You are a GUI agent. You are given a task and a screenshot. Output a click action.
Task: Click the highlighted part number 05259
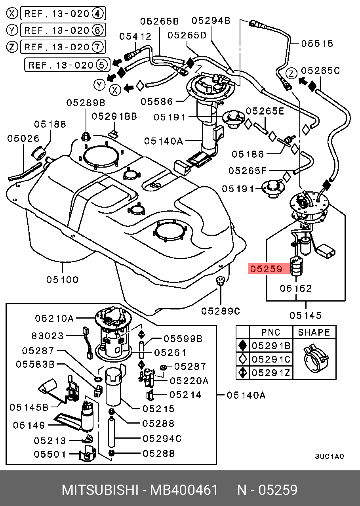coord(265,269)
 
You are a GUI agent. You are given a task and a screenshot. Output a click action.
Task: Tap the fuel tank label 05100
coord(62,279)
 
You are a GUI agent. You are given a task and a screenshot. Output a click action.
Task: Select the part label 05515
coord(317,43)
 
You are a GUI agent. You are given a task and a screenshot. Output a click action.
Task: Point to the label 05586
coord(157,102)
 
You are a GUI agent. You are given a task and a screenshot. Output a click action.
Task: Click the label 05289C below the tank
coord(221,311)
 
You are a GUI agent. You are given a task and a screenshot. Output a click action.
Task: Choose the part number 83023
coord(48,336)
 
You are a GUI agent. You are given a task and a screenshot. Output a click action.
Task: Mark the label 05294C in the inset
coord(162,439)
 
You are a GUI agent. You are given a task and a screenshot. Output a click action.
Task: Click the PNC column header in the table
coord(271,332)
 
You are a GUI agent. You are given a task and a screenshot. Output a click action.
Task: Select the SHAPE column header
coord(314,332)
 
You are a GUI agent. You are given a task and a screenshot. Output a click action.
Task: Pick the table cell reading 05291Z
coord(271,372)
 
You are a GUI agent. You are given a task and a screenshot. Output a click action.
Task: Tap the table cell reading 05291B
coord(271,346)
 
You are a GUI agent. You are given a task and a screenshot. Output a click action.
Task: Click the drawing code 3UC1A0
coord(330,456)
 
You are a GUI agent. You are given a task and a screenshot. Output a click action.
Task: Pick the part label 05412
coord(135,36)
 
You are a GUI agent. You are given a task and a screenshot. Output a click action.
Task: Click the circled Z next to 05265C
coord(292,73)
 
